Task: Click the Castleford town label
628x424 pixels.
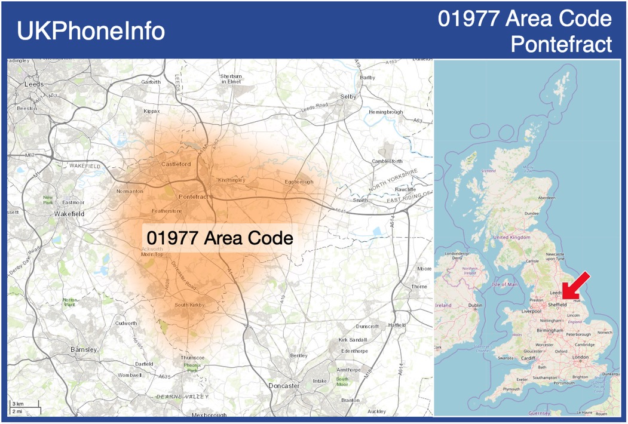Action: tap(176, 164)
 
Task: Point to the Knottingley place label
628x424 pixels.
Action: tap(232, 180)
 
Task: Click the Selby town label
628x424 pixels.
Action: tap(348, 96)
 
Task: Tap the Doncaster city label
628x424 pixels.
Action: tap(284, 386)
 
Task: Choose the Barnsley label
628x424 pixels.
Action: tap(84, 349)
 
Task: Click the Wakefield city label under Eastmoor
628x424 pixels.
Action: tap(69, 213)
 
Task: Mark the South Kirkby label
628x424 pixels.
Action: tap(189, 305)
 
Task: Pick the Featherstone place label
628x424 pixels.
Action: tap(167, 211)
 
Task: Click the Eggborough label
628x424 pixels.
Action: tap(299, 182)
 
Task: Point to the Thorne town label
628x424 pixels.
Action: tap(419, 287)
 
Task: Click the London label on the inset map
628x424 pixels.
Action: tap(580, 357)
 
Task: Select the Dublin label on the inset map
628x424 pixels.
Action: tap(476, 306)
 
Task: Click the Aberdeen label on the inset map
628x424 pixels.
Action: tap(547, 197)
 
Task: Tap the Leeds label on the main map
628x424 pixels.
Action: tap(35, 84)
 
